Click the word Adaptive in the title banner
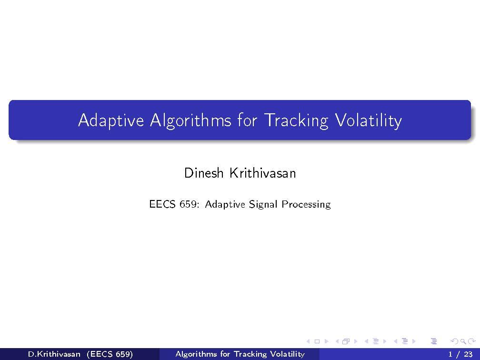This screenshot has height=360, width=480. coord(110,120)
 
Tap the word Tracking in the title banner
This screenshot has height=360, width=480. coord(295,120)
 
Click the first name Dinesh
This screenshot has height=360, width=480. coord(203,173)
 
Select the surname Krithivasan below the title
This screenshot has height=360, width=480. coord(262,173)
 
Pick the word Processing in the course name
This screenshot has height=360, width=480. coord(306,204)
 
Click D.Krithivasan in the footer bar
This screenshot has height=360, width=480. coord(54,354)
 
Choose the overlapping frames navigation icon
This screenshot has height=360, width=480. coord(345,341)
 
